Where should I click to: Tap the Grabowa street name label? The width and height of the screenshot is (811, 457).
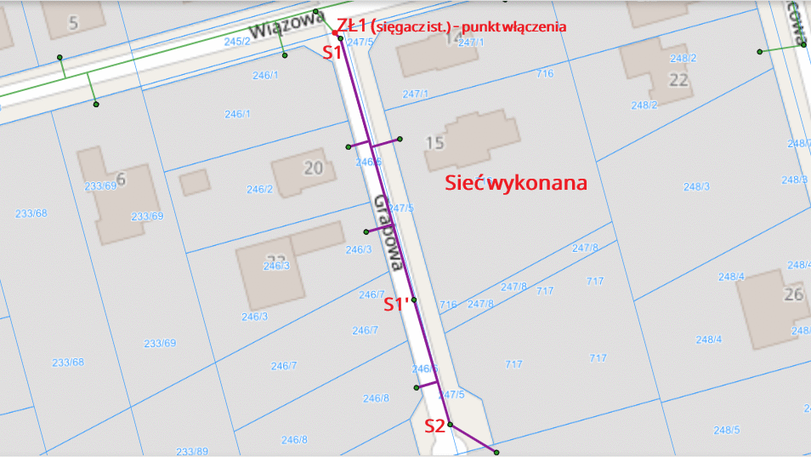pyautogui.click(x=388, y=231)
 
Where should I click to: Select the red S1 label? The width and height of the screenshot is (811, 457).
pyautogui.click(x=332, y=53)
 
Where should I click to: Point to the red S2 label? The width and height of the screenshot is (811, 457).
pyautogui.click(x=434, y=426)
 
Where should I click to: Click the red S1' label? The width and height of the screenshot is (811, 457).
pyautogui.click(x=395, y=304)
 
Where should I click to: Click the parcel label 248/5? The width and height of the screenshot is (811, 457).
pyautogui.click(x=727, y=429)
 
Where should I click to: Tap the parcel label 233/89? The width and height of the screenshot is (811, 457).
pyautogui.click(x=191, y=451)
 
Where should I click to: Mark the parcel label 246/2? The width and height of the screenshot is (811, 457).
pyautogui.click(x=259, y=189)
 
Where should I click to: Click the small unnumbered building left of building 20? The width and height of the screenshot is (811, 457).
pyautogui.click(x=195, y=181)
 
